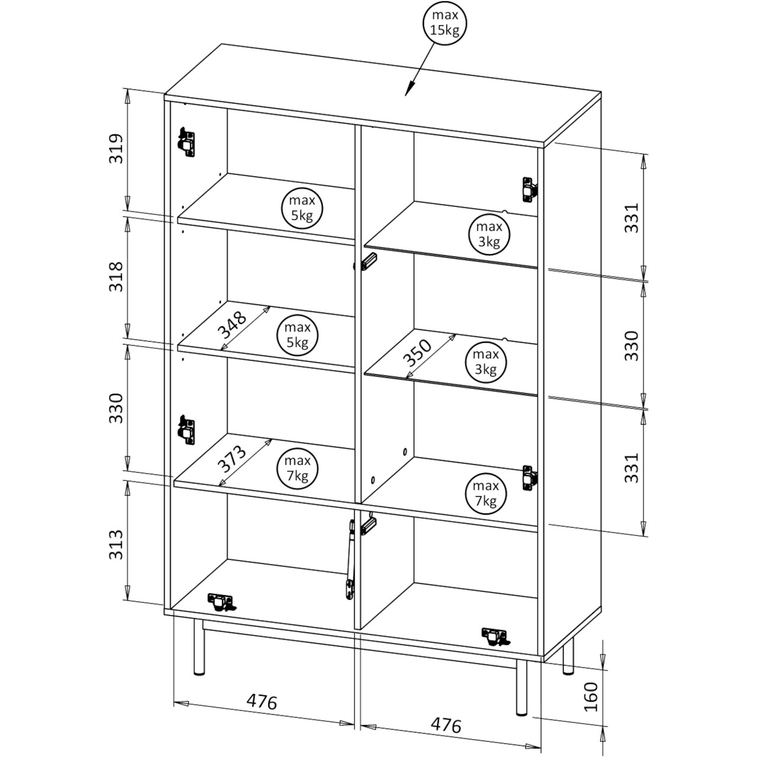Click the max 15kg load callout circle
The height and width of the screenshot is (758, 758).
click(x=445, y=23)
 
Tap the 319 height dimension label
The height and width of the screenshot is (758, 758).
click(x=117, y=149)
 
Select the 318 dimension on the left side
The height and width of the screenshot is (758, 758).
click(x=117, y=277)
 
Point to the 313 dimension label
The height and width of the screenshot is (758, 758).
click(x=117, y=545)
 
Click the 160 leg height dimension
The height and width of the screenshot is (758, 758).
click(x=590, y=696)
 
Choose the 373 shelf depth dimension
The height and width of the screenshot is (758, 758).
click(x=233, y=459)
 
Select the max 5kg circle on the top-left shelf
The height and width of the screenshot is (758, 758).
click(x=302, y=208)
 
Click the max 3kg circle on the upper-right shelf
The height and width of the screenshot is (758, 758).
click(x=489, y=235)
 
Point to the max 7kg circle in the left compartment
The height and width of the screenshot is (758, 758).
click(x=297, y=469)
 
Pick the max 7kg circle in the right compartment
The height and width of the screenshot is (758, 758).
click(x=486, y=494)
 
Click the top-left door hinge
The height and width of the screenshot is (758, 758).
click(x=187, y=142)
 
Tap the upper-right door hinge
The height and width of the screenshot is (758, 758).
click(x=529, y=189)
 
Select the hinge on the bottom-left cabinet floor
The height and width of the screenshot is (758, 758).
click(x=221, y=602)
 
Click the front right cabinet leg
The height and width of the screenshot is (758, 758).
click(x=521, y=693)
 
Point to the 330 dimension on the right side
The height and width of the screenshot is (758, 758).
click(x=631, y=346)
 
